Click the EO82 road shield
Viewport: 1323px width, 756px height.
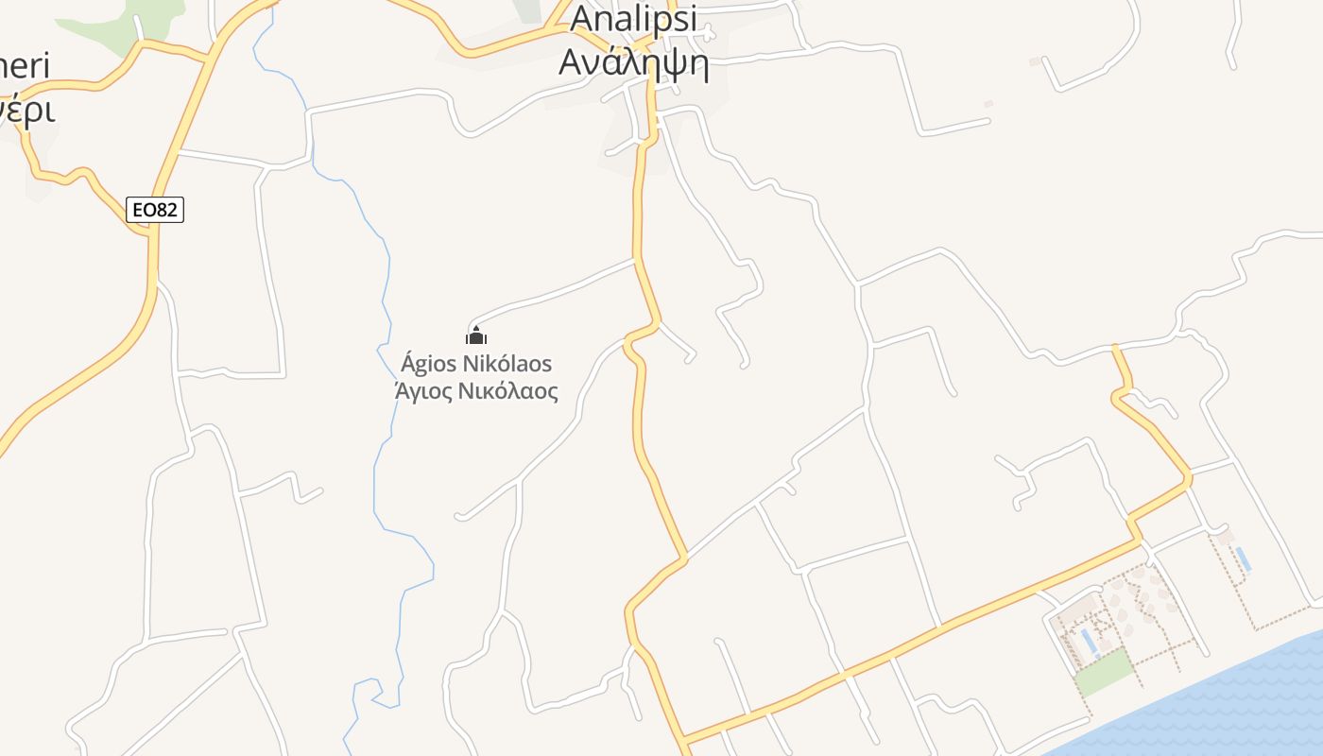pos(154,210)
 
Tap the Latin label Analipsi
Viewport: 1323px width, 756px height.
pos(633,17)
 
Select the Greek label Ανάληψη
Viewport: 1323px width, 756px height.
pos(633,62)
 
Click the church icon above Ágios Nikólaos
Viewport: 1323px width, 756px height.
pos(476,335)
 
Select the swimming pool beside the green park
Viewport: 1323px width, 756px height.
pos(1090,644)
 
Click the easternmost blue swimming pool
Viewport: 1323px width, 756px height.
pos(1243,558)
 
